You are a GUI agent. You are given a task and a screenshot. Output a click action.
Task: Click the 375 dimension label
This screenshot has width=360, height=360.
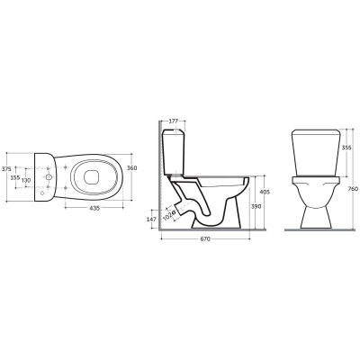tap(4, 169)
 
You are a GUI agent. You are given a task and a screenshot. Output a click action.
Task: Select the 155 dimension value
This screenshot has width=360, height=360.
tap(15, 177)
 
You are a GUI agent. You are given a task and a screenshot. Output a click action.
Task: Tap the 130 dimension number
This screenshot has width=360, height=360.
tap(26, 180)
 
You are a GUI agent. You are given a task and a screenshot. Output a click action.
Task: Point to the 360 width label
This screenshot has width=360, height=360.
tap(132, 168)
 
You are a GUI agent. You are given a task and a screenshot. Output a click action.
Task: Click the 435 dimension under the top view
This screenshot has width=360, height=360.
tap(94, 208)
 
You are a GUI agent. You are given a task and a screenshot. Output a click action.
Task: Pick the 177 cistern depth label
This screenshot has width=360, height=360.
tap(174, 121)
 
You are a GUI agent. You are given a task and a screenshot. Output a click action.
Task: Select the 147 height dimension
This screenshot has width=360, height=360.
tap(152, 220)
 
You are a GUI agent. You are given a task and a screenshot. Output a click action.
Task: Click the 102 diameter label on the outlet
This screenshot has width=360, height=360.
tap(169, 216)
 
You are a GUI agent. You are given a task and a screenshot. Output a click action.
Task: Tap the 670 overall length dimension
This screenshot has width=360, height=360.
tap(205, 239)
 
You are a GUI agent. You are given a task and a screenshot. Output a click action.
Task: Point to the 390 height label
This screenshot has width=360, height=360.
tap(256, 206)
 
